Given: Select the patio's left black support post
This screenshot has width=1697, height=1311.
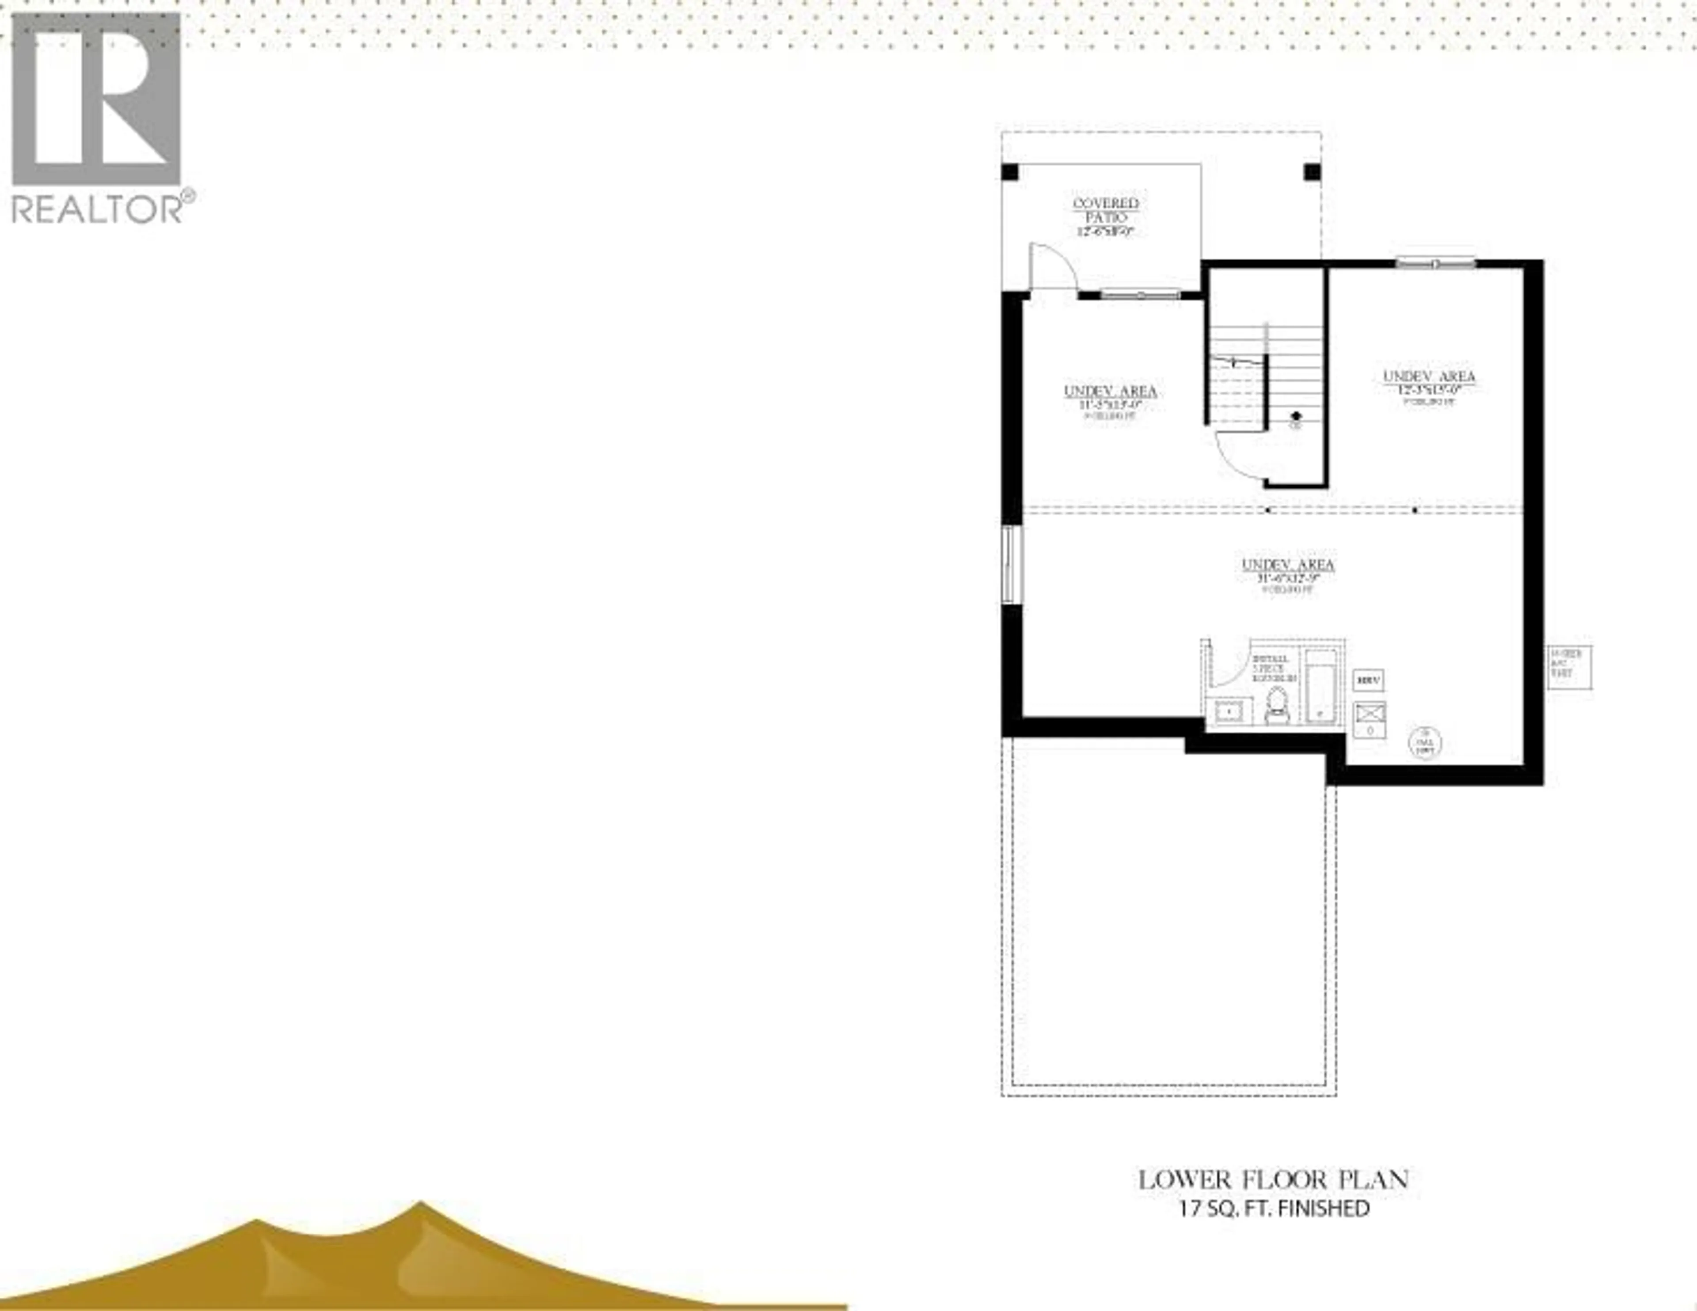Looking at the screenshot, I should (x=1009, y=172).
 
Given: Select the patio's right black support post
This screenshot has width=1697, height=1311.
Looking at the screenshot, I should (x=1312, y=172).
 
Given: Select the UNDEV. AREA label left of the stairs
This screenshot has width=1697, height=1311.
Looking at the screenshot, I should (x=1110, y=391).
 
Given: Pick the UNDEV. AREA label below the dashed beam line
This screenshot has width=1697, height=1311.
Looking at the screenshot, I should (x=1287, y=565).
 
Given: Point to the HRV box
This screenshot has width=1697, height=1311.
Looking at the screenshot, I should (x=1368, y=681).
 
